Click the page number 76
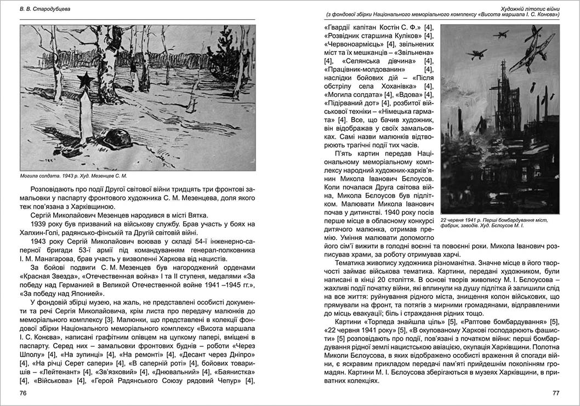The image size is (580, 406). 24,393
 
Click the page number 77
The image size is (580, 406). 555,393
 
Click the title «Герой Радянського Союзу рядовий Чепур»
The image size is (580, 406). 155,380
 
